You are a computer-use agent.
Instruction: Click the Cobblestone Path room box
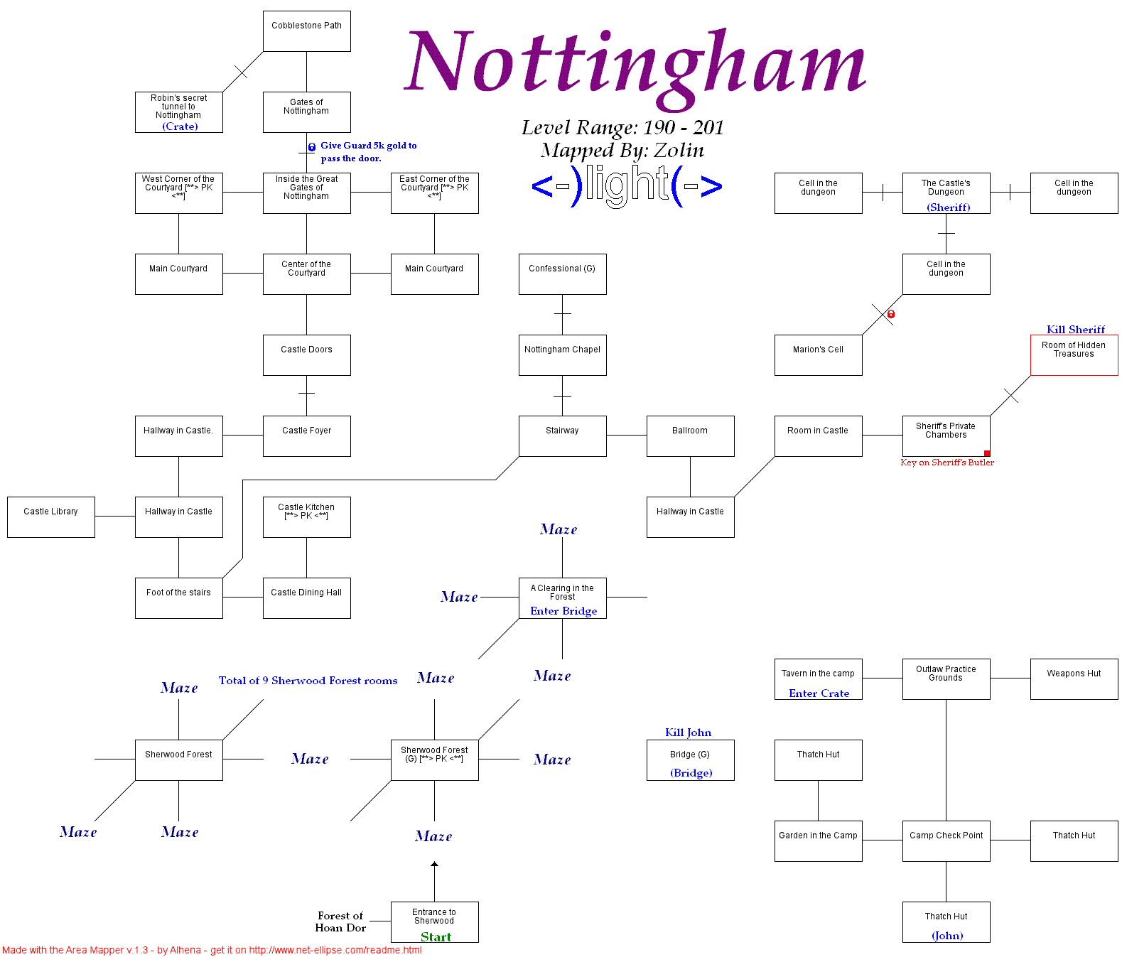point(306,31)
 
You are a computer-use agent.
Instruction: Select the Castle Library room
point(50,517)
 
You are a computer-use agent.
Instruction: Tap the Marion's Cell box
point(818,355)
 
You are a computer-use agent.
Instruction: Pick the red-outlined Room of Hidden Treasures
point(1074,355)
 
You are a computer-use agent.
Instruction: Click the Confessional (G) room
point(562,274)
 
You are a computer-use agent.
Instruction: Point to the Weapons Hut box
point(1074,678)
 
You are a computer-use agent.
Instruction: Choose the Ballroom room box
point(690,436)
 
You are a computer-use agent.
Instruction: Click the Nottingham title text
point(635,64)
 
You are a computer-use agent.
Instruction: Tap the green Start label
point(436,936)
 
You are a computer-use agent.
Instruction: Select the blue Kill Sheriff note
point(1075,329)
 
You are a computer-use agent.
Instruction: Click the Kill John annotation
point(688,732)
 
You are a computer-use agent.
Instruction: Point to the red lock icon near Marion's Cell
point(890,314)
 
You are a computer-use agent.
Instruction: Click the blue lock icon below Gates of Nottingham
point(311,147)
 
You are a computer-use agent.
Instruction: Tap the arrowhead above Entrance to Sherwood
point(434,865)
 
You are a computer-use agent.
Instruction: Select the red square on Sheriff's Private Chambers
point(987,453)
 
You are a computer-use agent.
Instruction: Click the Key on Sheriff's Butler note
point(946,463)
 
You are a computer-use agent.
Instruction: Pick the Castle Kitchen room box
point(306,517)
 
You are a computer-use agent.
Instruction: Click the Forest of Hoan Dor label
point(340,921)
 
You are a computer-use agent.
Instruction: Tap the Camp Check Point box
point(946,840)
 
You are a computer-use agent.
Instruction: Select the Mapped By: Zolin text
point(622,150)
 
